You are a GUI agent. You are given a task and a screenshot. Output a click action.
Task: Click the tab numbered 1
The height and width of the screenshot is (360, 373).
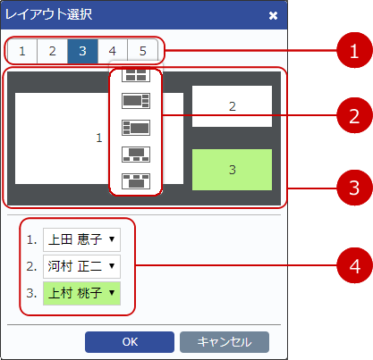coord(21,50)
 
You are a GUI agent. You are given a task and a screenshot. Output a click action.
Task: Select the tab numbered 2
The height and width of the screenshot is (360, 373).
coord(52,50)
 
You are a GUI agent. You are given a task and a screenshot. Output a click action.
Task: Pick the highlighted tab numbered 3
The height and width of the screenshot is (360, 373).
coord(82,50)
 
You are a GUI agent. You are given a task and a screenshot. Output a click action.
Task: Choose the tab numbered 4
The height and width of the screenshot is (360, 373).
coord(113,50)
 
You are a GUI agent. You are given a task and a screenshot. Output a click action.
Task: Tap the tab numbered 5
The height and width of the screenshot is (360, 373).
coord(142,50)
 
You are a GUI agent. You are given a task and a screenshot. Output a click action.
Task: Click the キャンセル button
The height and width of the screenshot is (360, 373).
coord(224,341)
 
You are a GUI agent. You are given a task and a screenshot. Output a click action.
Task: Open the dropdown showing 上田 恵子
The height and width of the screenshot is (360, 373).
coord(81,239)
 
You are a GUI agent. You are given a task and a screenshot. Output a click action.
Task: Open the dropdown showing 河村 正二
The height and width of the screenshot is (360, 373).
coord(81,265)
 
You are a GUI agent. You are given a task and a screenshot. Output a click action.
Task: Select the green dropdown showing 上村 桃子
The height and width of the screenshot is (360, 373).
coord(81,291)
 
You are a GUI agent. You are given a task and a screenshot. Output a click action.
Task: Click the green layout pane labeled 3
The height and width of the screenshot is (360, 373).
coord(232,170)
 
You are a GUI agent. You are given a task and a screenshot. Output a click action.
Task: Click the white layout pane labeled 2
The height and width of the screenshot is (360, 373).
coord(232,106)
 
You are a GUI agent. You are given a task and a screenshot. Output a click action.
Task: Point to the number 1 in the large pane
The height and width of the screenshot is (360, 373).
coord(99,138)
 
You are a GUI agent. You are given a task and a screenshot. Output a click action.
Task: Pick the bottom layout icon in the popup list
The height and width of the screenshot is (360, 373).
coord(136,180)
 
